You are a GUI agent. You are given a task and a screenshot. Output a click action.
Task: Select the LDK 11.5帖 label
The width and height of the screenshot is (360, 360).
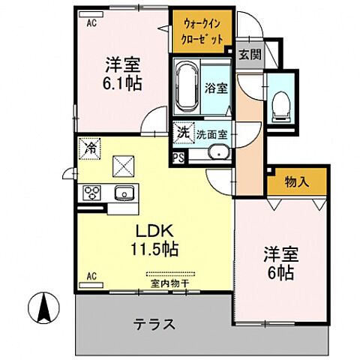click(157, 238)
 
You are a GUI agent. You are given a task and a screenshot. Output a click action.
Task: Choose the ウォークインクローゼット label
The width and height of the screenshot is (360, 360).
click(199, 29)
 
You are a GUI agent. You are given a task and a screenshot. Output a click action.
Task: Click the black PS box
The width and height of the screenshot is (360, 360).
click(179, 157)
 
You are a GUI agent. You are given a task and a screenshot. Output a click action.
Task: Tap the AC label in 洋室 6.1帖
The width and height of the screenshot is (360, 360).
click(91, 22)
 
